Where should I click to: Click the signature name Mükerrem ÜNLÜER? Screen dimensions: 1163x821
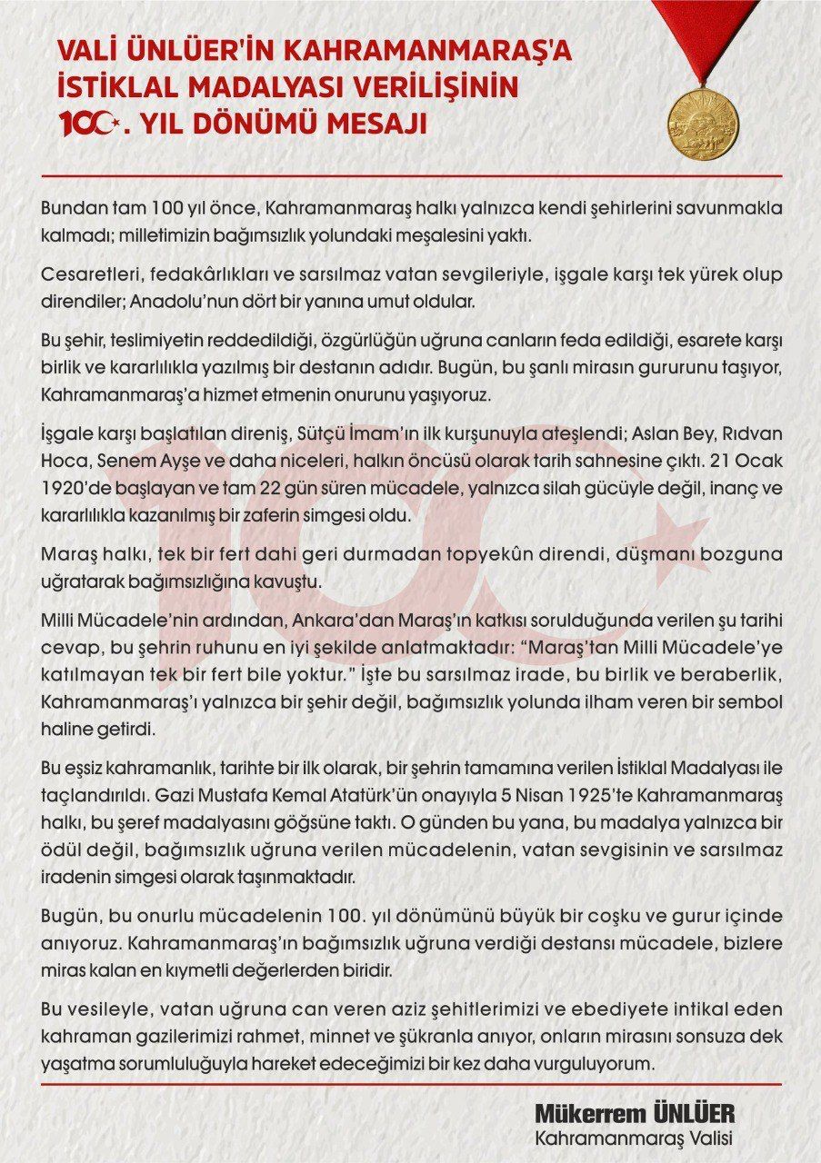point(634,1115)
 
